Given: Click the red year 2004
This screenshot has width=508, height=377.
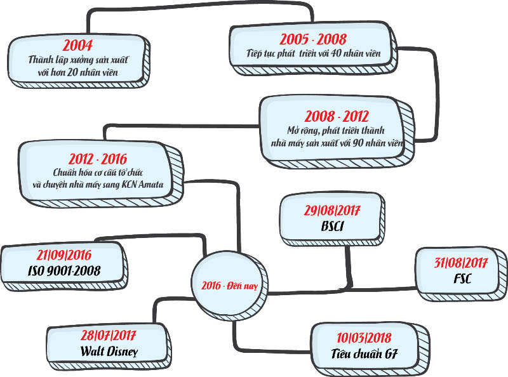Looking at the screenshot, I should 77,45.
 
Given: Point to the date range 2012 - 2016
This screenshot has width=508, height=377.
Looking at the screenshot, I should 98,159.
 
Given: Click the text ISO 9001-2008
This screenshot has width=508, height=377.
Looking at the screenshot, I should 64,271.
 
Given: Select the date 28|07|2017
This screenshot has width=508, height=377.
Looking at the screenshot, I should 109,335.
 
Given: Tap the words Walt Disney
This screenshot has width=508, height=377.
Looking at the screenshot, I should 109,350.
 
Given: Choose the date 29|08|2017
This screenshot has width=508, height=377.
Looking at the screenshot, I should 333,210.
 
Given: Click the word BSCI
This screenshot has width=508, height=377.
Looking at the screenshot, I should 333,225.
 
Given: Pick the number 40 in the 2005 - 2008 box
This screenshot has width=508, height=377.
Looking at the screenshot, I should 330,53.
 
